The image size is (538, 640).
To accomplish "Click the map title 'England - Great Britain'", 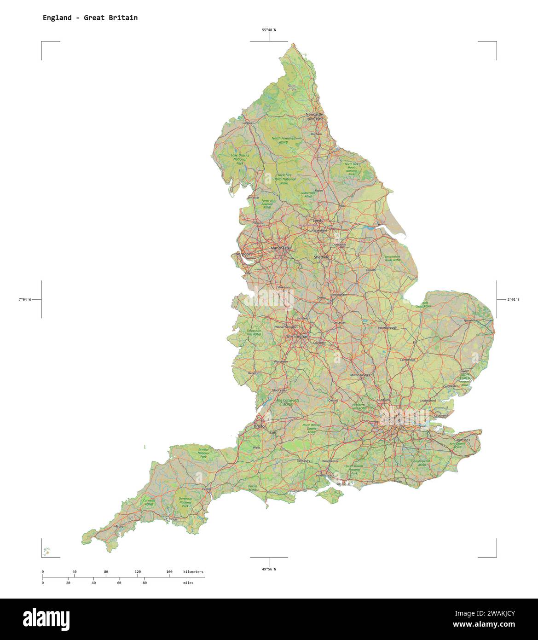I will (x=90, y=18).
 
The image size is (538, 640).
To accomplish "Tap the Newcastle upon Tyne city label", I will (x=315, y=116).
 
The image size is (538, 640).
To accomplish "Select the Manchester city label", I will (x=281, y=248).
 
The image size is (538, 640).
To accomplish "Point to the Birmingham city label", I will (x=298, y=337).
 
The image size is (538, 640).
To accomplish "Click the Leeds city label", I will (x=318, y=221).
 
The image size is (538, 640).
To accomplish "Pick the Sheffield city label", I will (x=321, y=257).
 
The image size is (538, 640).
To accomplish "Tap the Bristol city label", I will (x=260, y=426).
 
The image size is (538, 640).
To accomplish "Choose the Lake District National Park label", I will (x=240, y=159).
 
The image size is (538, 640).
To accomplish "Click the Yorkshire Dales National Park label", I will (x=284, y=179).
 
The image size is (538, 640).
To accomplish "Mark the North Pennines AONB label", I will (x=283, y=140).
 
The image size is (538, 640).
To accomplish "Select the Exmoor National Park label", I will (x=203, y=453).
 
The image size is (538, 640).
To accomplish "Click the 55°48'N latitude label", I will (x=269, y=30).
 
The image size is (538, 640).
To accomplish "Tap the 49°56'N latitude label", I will (x=269, y=569).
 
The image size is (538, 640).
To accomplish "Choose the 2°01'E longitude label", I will (x=513, y=300).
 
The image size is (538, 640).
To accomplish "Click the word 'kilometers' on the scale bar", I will (x=193, y=572).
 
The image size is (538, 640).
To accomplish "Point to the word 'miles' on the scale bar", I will (x=188, y=583).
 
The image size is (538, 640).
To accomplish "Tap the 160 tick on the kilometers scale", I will (x=169, y=572).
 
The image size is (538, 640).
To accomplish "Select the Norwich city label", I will (x=469, y=320).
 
